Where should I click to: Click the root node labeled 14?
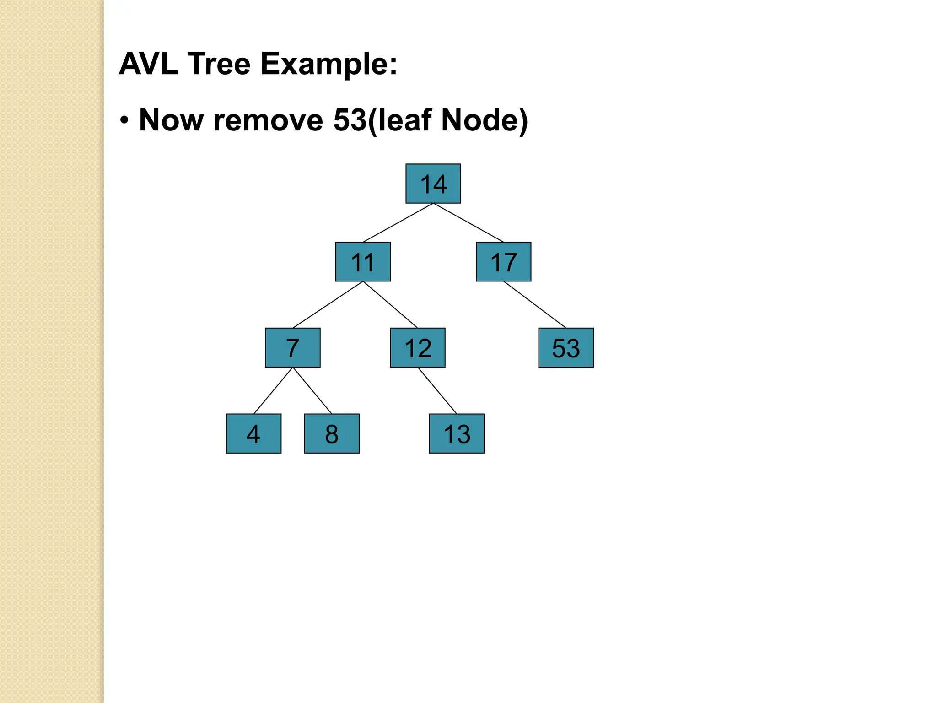433,184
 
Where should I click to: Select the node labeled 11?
363,262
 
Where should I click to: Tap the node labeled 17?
503,262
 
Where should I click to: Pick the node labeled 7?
293,347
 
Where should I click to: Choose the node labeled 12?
417,347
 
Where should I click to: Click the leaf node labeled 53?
566,347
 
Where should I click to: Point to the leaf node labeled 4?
253,433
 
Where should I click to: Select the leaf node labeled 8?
332,433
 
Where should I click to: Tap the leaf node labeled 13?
457,433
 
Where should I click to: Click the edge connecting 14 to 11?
398,222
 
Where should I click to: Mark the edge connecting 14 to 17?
468,222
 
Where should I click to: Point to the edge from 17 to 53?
534,304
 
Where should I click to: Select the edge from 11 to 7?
328,304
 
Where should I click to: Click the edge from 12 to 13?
437,390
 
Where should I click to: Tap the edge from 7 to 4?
273,390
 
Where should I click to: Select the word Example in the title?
328,64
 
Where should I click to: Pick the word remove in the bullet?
268,120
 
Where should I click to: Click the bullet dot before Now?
124,121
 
